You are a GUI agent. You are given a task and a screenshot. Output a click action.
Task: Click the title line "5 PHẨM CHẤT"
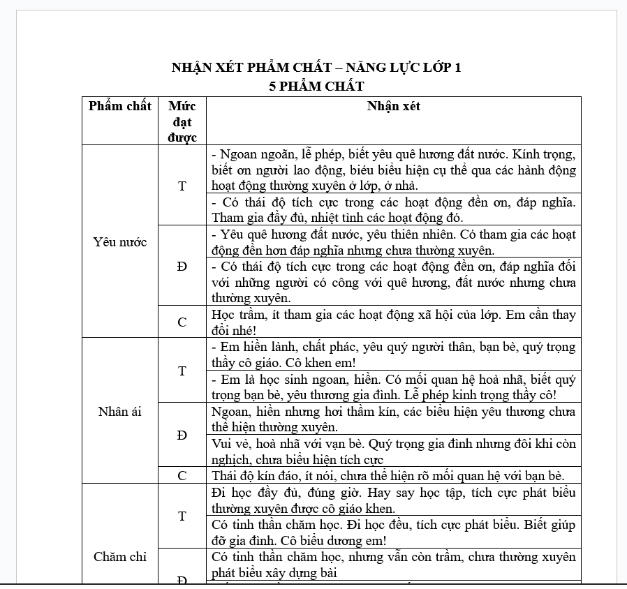[x=316, y=87]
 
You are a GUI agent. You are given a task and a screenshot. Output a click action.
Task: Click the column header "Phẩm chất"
[x=120, y=106]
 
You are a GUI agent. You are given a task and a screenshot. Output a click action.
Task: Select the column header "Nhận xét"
[x=394, y=106]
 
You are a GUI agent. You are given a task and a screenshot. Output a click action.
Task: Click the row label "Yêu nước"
[x=120, y=242]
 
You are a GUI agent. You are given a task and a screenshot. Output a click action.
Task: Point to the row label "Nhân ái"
[x=120, y=411]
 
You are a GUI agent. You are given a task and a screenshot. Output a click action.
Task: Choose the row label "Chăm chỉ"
[x=120, y=556]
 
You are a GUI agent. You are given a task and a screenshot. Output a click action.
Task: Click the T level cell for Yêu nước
[x=182, y=186]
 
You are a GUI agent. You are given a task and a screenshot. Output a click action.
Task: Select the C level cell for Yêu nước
[x=182, y=322]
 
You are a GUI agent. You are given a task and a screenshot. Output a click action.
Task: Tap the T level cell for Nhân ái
[x=182, y=371]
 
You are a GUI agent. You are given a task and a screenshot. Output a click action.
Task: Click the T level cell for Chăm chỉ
[x=182, y=516]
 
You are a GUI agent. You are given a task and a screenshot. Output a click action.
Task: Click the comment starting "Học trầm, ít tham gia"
[x=394, y=322]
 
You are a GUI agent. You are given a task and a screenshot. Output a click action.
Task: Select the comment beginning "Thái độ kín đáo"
[x=388, y=476]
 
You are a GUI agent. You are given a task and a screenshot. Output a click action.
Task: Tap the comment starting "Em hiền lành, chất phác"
[x=394, y=355]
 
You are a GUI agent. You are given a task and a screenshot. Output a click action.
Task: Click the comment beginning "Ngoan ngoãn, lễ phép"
[x=394, y=170]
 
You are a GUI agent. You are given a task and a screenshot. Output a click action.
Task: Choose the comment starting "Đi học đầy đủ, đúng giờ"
[x=394, y=500]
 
